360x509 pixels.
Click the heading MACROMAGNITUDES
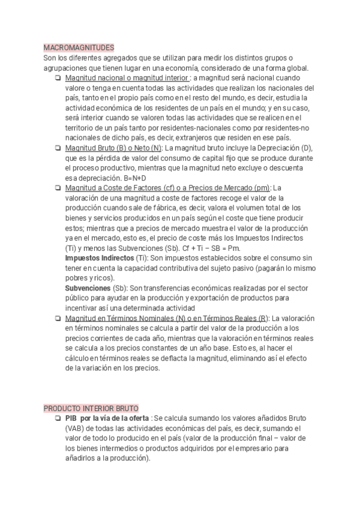click(x=79, y=47)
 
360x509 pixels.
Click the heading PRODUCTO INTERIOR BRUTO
click(x=91, y=408)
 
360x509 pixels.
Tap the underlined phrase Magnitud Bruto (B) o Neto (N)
click(x=113, y=148)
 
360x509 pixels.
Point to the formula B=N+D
click(x=136, y=178)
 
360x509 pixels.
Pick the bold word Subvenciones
click(x=88, y=288)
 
